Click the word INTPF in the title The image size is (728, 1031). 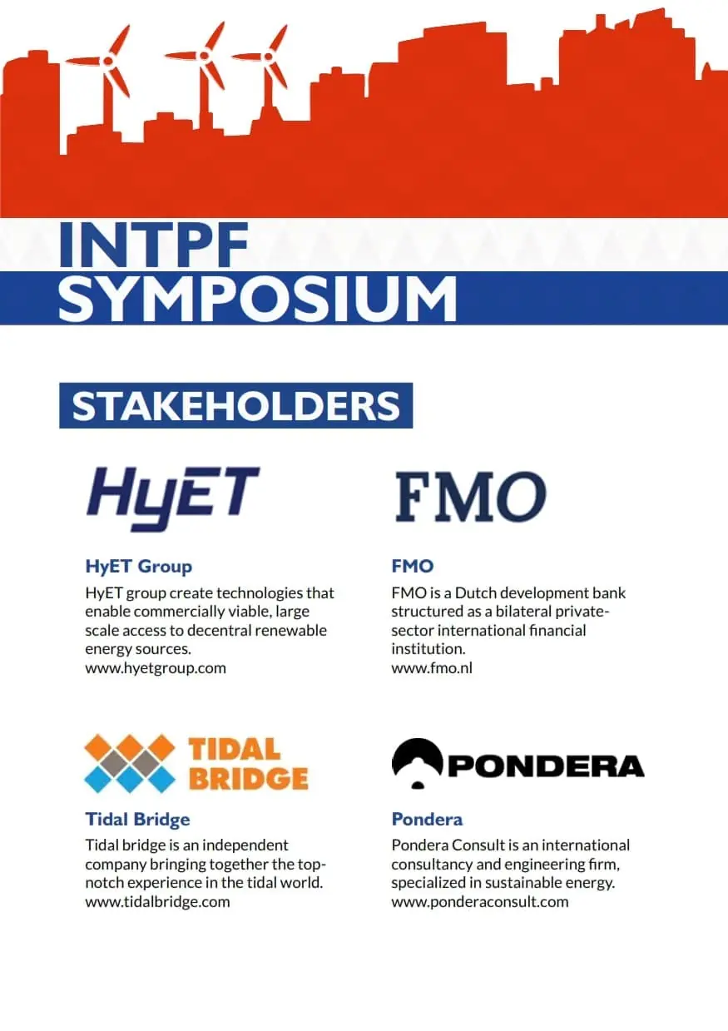pos(153,245)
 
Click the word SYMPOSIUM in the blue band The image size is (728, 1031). pos(258,300)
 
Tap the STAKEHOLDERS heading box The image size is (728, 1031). pos(236,405)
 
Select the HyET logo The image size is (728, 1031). pos(173,499)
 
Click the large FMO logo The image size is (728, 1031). pos(471,497)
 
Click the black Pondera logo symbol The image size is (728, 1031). pos(417,764)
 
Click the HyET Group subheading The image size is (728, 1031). pos(138,566)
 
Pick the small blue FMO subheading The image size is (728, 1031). pos(413,566)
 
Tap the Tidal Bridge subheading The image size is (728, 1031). pos(137,820)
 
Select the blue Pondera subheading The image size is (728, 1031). pos(427,820)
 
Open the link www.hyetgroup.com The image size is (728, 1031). pos(156,668)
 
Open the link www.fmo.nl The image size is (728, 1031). pos(432,668)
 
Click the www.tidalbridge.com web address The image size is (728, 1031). pos(157,902)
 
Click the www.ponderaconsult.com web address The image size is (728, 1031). pos(480,902)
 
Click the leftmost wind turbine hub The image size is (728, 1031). pos(108,60)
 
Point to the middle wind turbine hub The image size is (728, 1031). pos(205,56)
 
